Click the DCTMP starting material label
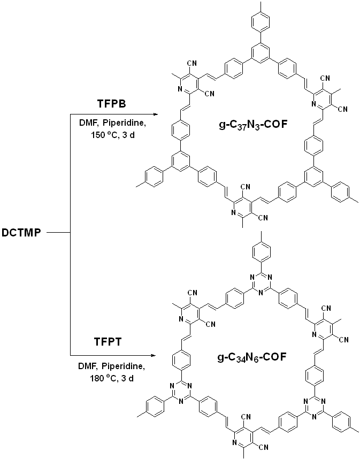pyautogui.click(x=22, y=233)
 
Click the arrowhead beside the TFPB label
pyautogui.click(x=155, y=114)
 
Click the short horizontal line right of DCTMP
pyautogui.click(x=59, y=233)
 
